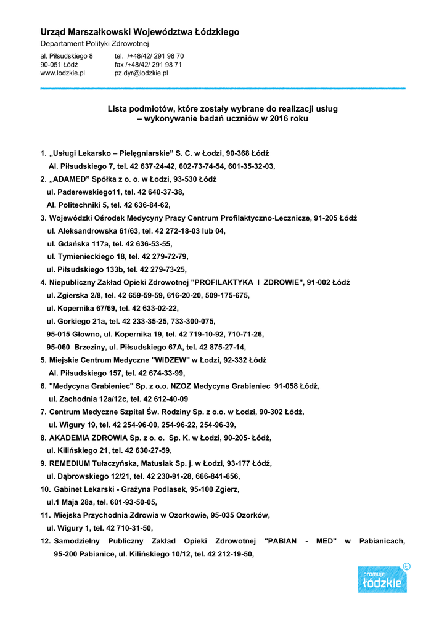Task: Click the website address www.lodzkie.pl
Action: pyautogui.click(x=62, y=73)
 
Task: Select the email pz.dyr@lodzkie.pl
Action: pyautogui.click(x=141, y=73)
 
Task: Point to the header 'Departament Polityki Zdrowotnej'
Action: pyautogui.click(x=94, y=44)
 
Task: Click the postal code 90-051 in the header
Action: pyautogui.click(x=51, y=64)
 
